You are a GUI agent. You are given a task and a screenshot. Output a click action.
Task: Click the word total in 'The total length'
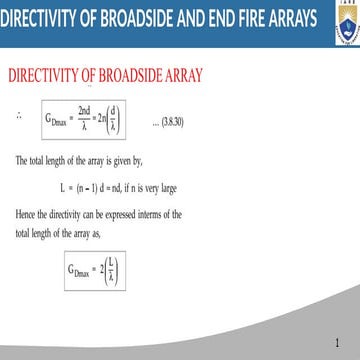[x=40, y=160]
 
